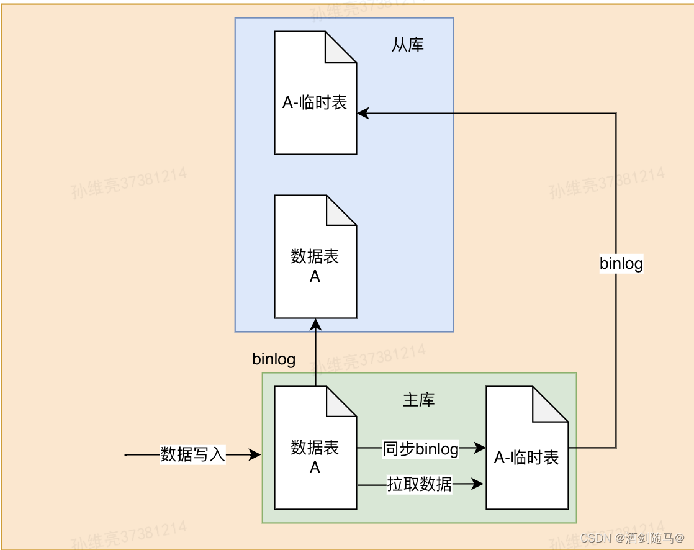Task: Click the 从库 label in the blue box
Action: click(x=408, y=45)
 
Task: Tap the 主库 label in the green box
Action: click(x=419, y=400)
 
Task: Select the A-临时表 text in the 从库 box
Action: click(x=315, y=103)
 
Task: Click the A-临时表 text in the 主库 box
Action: click(x=526, y=458)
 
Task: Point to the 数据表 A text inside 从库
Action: click(x=315, y=266)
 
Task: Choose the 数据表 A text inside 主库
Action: click(x=315, y=458)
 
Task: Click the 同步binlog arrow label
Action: click(x=421, y=449)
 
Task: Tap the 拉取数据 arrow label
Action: click(x=420, y=484)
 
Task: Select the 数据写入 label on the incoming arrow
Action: click(x=192, y=454)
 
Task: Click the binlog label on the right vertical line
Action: click(x=621, y=263)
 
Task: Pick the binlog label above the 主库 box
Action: click(x=274, y=359)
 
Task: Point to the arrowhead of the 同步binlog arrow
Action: click(x=479, y=448)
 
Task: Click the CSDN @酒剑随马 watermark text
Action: click(x=633, y=537)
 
